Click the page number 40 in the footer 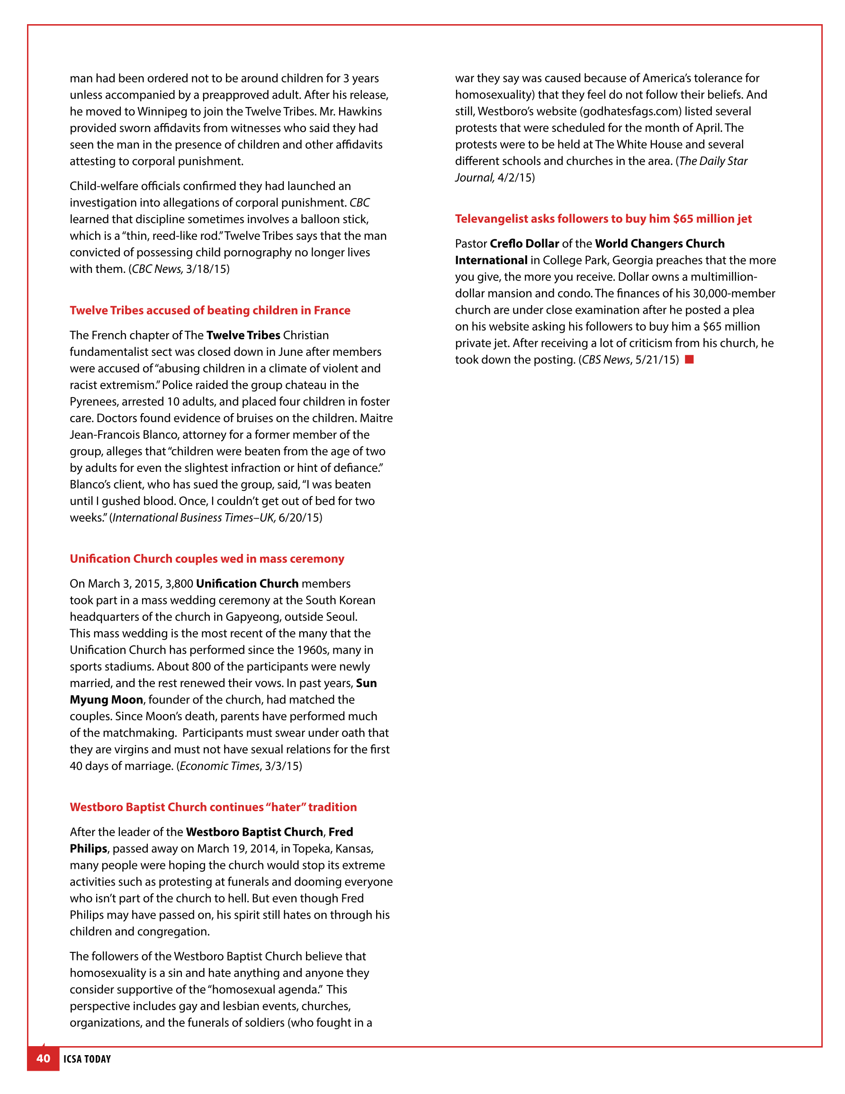tap(43, 1058)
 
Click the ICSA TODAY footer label tap(87, 1059)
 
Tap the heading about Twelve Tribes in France tap(210, 310)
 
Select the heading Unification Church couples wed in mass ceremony tap(207, 559)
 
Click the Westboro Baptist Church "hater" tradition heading tap(213, 807)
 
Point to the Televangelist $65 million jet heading tap(603, 219)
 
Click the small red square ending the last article tap(689, 359)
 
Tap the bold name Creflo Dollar tap(524, 244)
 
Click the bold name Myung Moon tap(106, 700)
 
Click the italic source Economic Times tap(219, 767)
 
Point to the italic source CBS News tap(606, 360)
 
